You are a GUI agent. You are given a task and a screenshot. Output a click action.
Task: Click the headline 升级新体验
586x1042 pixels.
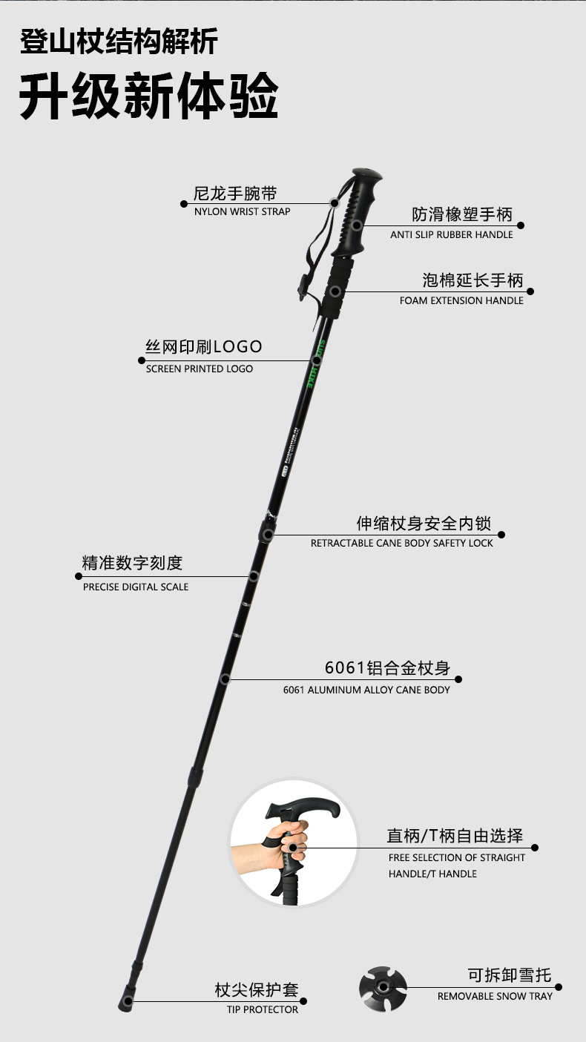coord(148,97)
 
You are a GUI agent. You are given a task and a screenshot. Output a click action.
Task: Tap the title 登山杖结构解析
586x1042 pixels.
coord(119,42)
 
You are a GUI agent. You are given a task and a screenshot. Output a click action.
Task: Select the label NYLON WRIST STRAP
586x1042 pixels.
coord(242,212)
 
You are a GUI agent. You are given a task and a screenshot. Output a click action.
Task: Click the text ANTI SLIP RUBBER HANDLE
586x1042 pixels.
coord(452,235)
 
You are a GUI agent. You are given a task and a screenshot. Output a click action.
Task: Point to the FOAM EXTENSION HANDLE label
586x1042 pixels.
coord(461,301)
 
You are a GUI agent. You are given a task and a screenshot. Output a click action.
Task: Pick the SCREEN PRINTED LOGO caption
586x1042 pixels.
coord(199,369)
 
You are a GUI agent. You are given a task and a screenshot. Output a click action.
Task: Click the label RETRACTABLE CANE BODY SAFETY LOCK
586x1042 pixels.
coord(401,544)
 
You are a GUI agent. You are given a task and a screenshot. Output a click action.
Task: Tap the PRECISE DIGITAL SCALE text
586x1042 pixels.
coord(136,587)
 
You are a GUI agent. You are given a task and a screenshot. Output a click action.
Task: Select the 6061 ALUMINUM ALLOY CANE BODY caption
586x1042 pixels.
coord(366,690)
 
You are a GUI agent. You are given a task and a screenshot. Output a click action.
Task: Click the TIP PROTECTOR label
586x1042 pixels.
coord(263,1010)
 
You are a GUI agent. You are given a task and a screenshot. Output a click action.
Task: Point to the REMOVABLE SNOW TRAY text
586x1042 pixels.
coord(495,997)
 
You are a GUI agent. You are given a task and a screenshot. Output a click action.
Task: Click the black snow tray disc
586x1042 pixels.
coord(383,987)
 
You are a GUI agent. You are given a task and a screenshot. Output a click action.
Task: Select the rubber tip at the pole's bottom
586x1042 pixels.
coord(127,1002)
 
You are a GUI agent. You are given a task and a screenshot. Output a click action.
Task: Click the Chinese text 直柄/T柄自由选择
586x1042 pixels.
coord(455,837)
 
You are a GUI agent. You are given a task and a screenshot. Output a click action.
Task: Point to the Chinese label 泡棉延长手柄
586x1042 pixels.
coord(473,281)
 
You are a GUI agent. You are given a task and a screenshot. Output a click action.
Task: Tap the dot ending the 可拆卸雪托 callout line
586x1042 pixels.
coord(559,987)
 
